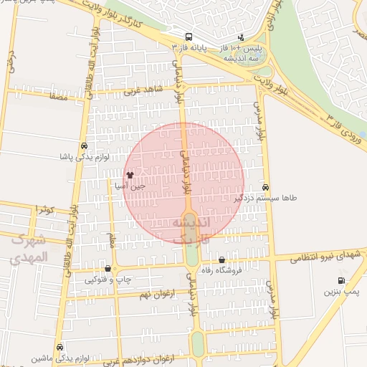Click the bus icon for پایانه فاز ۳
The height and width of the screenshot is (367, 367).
coord(188,37)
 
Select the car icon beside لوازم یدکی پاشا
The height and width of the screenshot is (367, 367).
coord(85,144)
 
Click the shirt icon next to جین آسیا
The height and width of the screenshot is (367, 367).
coord(130,174)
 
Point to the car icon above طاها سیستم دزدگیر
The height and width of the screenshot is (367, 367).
coord(266,186)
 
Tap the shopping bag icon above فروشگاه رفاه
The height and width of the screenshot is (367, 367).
coord(221,260)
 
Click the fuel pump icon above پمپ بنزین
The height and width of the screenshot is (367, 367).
coord(340,280)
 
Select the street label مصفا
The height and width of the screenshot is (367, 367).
coord(58,96)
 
